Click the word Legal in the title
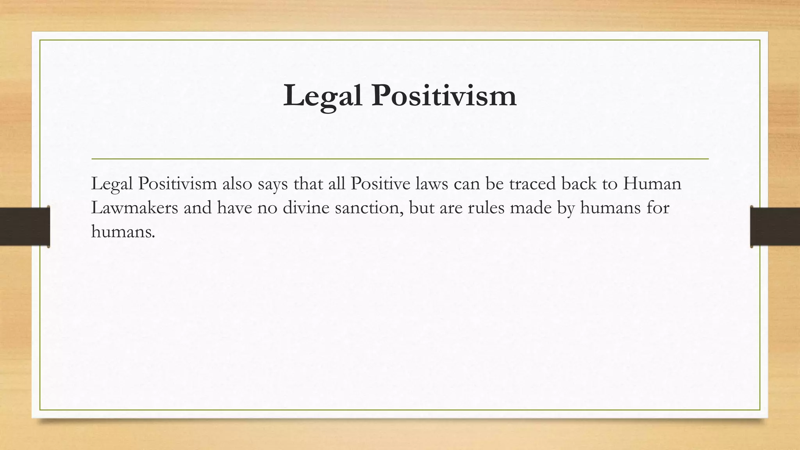(322, 96)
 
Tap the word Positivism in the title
(444, 96)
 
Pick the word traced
(532, 184)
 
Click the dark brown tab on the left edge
(25, 227)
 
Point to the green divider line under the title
(400, 159)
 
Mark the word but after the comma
(421, 207)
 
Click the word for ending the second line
(658, 207)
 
